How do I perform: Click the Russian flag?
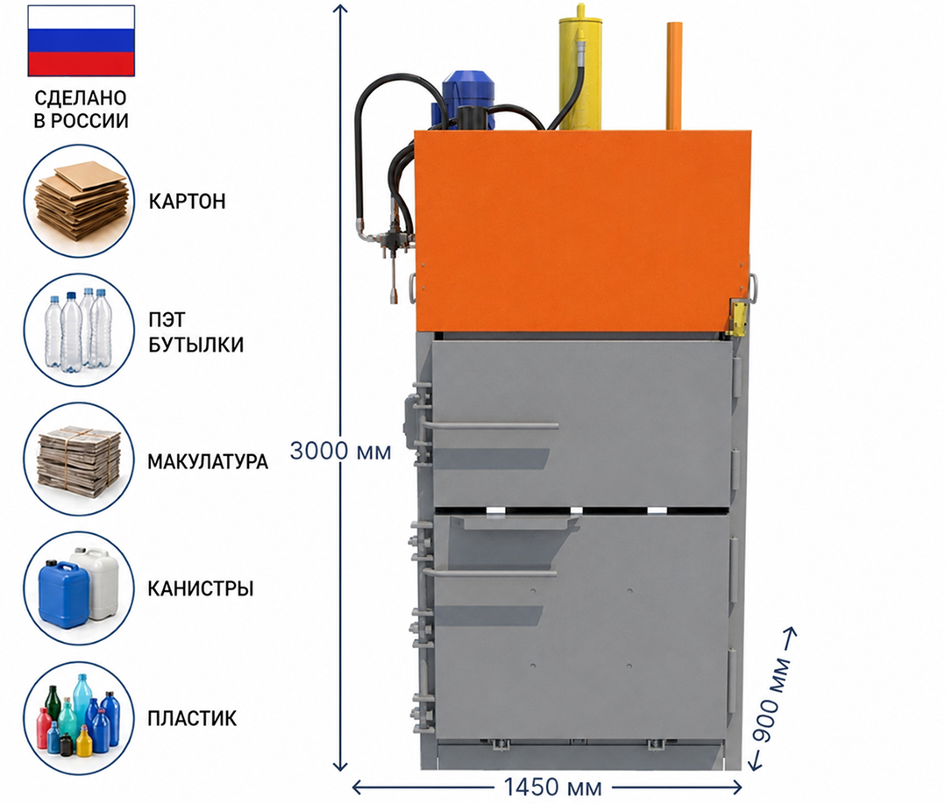point(82,40)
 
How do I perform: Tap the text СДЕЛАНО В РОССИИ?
point(81,109)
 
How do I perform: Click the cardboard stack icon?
point(79,201)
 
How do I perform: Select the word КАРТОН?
point(187,201)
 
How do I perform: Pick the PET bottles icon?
point(79,331)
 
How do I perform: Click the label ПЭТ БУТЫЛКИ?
point(195,331)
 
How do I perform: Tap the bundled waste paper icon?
point(79,459)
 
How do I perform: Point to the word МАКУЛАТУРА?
point(208,461)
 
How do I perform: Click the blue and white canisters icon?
point(79,588)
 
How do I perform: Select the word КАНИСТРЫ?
point(201,588)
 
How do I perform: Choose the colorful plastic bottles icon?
point(79,718)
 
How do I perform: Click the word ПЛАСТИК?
point(192,718)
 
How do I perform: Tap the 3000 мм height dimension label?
point(340,451)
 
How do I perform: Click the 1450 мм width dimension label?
point(552,787)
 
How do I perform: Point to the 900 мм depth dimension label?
point(772,700)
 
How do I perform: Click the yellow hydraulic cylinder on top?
point(579,69)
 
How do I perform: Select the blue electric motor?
point(463,99)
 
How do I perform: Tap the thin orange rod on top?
point(674,76)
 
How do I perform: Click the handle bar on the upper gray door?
point(488,425)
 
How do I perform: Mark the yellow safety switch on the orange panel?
point(738,317)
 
